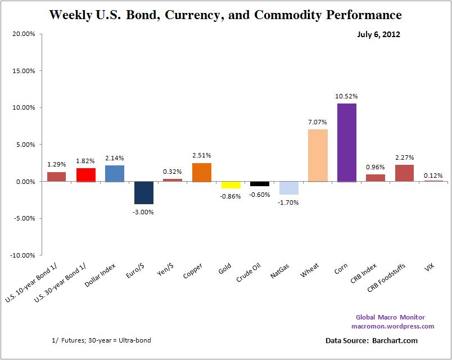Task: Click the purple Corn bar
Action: [x=346, y=142]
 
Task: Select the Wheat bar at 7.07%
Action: [x=318, y=155]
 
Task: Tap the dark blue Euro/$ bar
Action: [x=144, y=192]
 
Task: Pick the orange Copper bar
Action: [x=202, y=172]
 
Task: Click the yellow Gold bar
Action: [x=230, y=184]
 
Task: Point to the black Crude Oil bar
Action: [x=259, y=183]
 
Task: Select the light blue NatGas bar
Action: [x=288, y=187]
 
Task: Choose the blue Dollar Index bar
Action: [x=115, y=173]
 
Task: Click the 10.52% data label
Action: [x=347, y=96]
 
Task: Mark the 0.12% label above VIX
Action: [x=433, y=175]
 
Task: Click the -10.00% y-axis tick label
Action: [x=22, y=255]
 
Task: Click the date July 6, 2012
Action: [x=378, y=35]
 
